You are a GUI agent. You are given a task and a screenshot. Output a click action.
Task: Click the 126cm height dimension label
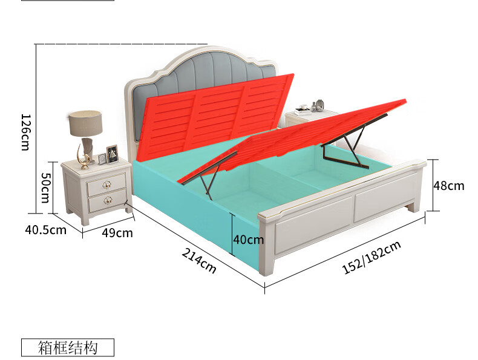click(25, 133)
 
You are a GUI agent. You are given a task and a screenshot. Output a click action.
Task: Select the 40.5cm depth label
click(45, 230)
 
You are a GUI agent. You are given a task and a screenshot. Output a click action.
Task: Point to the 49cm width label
click(117, 232)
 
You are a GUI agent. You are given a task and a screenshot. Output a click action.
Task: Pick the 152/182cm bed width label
click(372, 258)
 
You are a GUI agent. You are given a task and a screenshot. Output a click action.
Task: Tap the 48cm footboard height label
click(448, 185)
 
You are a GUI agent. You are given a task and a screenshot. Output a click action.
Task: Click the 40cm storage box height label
click(249, 240)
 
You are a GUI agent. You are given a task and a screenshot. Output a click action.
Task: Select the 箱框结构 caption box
click(67, 347)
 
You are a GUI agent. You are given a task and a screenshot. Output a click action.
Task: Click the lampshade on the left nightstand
click(85, 123)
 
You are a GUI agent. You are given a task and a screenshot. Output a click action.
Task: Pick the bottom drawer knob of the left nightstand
click(109, 199)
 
